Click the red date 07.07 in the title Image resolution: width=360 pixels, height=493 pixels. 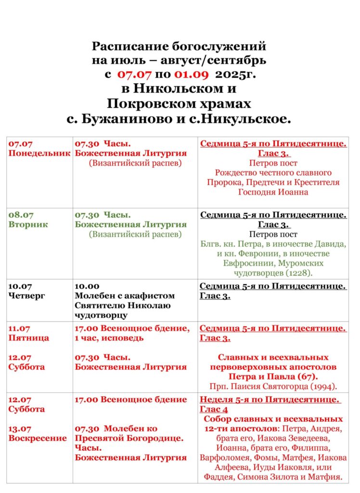(x=132, y=75)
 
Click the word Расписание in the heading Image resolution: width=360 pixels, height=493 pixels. (x=123, y=46)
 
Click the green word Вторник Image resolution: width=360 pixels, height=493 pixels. (x=28, y=224)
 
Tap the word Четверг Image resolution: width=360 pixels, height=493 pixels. (x=26, y=296)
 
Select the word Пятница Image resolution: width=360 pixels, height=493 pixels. (x=28, y=338)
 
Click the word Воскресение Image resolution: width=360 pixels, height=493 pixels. (x=38, y=438)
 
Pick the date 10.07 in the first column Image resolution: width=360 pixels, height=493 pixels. (x=19, y=286)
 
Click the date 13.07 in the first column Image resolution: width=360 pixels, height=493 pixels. (x=20, y=428)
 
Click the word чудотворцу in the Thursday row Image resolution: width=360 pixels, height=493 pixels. (x=102, y=315)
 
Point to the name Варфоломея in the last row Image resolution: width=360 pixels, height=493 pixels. (x=223, y=457)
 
